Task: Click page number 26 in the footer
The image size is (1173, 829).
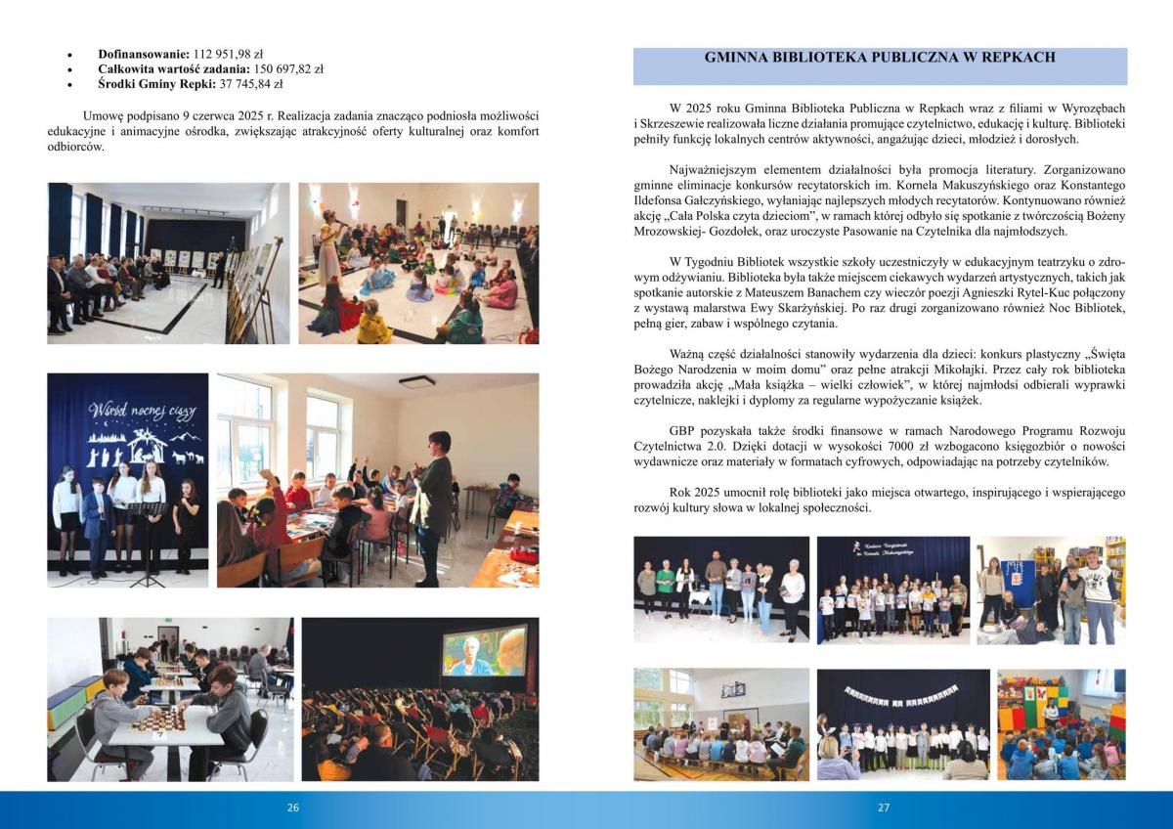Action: point(292,808)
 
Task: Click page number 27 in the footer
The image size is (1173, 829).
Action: point(883,808)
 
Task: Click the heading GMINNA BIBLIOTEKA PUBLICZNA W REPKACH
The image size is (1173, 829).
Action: point(880,58)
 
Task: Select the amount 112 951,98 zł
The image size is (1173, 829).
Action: point(216,53)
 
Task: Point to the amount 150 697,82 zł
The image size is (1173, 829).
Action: point(277,69)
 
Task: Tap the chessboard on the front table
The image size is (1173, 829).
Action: point(160,722)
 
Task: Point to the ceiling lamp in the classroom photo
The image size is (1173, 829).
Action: point(417,382)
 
